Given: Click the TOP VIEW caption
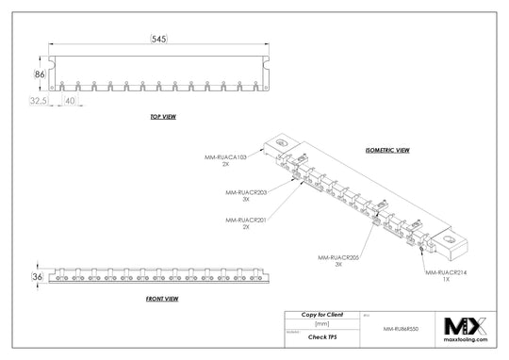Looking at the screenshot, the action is (163, 117).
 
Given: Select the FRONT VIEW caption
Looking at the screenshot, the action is (164, 298).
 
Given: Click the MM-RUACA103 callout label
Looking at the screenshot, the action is (225, 157).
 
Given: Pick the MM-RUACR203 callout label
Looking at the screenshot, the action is (245, 192).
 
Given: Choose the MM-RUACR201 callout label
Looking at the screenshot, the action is (245, 220).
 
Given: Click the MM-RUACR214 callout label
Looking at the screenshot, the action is (444, 272).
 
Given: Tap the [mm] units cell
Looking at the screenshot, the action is (322, 322).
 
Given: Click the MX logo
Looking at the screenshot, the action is (463, 318).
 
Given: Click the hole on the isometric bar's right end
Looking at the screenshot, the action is (459, 242).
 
